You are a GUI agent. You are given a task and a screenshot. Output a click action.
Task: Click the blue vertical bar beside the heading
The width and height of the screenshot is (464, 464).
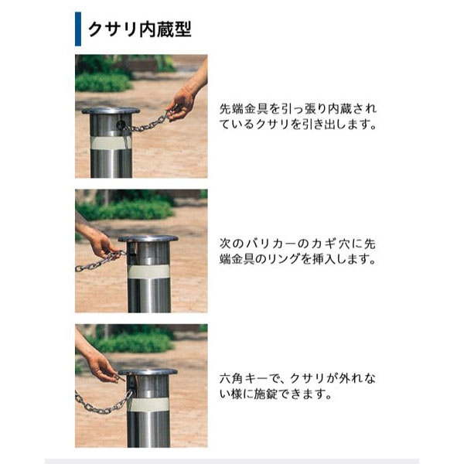coord(78,29)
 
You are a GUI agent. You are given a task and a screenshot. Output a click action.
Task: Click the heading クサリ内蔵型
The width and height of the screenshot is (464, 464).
coord(140,29)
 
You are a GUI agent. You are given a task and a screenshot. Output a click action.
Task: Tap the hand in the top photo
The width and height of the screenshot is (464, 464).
coord(181,104)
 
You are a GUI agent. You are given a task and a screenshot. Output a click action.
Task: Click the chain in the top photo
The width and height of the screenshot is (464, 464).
coord(145,124)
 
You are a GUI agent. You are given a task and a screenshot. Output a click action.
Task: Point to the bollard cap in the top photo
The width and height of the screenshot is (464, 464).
coord(111,111)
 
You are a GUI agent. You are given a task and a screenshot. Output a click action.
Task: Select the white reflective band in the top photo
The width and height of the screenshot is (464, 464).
coord(111,142)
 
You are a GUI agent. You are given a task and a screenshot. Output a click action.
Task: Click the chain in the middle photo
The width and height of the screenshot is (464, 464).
coord(101,261)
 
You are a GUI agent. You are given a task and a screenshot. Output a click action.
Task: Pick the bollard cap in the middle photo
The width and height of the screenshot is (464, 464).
coord(148,238)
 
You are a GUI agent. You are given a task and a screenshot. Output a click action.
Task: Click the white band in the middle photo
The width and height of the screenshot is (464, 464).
coord(148,271)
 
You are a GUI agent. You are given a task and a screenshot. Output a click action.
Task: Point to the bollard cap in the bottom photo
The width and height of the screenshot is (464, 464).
coord(148,372)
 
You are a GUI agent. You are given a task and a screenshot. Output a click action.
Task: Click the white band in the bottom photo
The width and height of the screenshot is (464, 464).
coord(148,404)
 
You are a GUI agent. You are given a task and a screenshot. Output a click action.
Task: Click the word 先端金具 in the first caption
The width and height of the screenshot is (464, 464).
coord(244,109)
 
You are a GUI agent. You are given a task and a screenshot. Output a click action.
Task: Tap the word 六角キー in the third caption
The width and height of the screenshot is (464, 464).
coord(244,378)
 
